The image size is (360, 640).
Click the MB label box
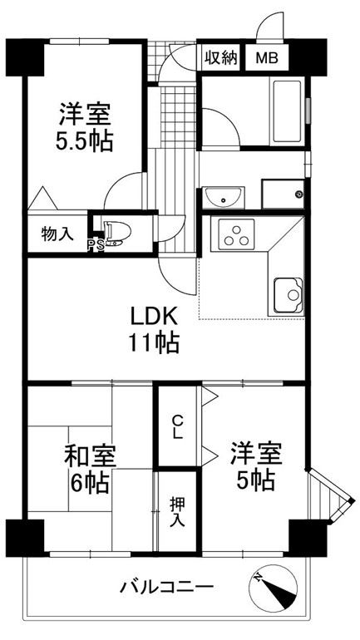267,58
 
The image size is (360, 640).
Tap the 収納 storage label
221,58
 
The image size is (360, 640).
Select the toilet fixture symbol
117,234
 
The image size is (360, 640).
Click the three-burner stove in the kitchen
236,234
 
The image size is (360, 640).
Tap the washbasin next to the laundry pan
224,197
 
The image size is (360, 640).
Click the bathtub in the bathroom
288,111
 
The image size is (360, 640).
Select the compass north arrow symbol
273,588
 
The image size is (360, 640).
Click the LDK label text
154,317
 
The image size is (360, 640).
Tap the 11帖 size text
155,342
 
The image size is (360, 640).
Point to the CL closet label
177,426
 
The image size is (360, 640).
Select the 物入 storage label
57,234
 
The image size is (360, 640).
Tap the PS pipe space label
95,244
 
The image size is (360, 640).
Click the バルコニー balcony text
166,588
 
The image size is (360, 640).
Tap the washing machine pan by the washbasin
283,194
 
